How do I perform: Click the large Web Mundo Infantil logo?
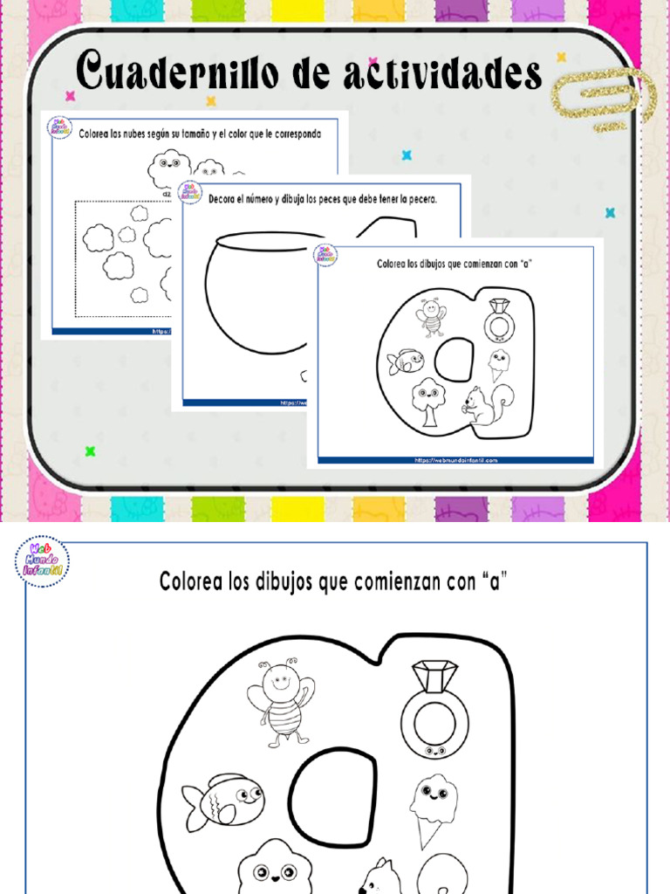point(42,561)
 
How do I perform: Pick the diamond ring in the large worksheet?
point(434,710)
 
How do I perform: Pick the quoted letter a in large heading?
point(496,582)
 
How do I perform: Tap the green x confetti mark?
point(90,451)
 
